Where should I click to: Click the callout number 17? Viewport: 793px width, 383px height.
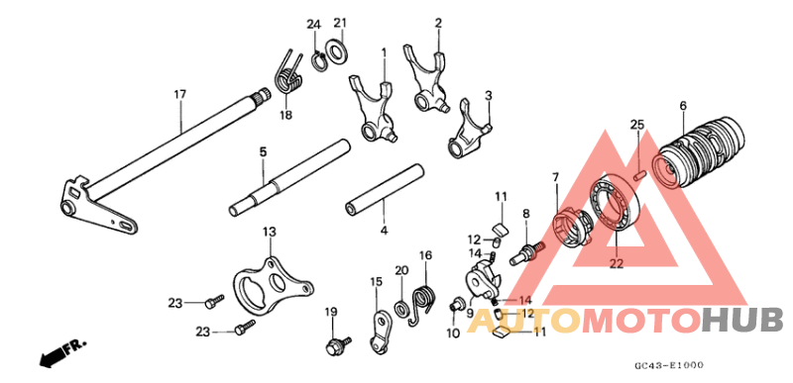pos(179,95)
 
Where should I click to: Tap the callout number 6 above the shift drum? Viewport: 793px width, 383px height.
pos(683,105)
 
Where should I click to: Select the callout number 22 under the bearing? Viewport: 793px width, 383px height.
pos(617,264)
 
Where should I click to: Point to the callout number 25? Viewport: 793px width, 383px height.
pos(637,125)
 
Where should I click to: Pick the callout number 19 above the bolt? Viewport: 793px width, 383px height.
pos(331,313)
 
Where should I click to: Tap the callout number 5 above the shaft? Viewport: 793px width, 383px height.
pos(263,151)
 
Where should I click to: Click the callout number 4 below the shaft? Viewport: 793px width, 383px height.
pos(383,232)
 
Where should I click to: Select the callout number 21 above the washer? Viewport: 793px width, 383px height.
pos(340,24)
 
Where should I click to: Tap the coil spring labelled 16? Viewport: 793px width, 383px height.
pos(423,301)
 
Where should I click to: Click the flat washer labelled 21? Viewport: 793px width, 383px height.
pos(337,49)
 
